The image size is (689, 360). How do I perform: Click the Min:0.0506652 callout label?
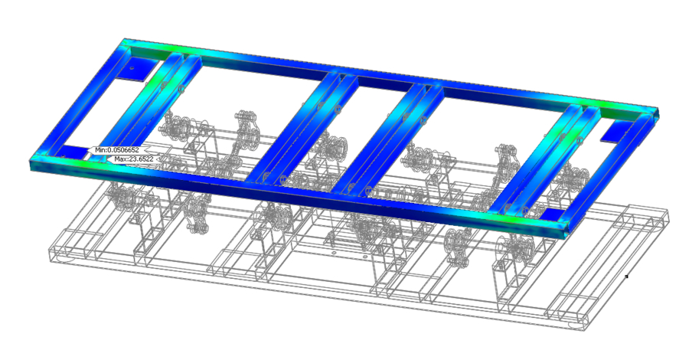pyautogui.click(x=116, y=150)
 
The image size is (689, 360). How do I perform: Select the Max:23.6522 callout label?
pyautogui.click(x=132, y=159)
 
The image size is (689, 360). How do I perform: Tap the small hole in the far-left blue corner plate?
pyautogui.click(x=132, y=69)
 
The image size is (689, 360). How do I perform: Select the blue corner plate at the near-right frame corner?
pyautogui.click(x=553, y=215)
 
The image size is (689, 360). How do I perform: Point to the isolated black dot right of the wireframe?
pyautogui.click(x=626, y=277)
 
